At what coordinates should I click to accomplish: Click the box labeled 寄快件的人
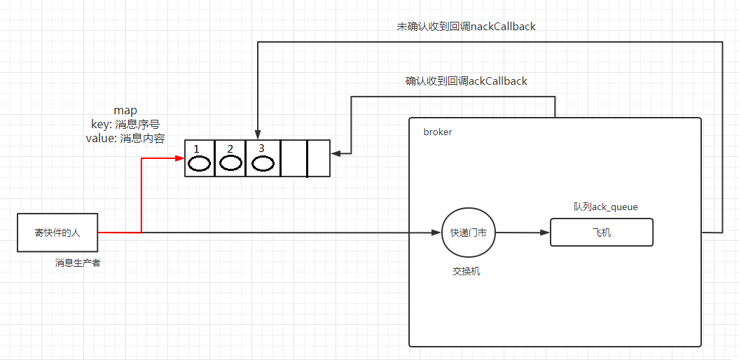coord(57,233)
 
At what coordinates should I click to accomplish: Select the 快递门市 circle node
coord(468,233)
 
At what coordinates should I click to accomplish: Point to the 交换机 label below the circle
coord(467,272)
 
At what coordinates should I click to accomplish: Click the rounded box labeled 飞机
coord(601,233)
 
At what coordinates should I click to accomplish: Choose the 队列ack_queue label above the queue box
coord(605,207)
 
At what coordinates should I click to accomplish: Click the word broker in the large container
coord(438,132)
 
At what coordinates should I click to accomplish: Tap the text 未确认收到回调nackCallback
coord(466,27)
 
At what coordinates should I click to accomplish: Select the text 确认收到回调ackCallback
coord(466,81)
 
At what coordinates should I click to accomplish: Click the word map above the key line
coord(125,111)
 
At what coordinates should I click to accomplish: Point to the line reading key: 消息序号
coord(125,124)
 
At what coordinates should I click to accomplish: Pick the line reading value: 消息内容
coord(125,138)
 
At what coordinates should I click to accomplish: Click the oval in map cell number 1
coord(200,164)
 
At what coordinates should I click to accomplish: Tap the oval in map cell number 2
coord(230,163)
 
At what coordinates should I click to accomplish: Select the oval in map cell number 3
coord(263,164)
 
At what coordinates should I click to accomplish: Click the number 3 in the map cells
coord(261,148)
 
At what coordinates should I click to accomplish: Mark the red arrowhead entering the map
coord(180,158)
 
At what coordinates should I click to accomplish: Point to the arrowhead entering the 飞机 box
coord(546,233)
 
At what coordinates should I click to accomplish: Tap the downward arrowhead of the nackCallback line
coord(258,134)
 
